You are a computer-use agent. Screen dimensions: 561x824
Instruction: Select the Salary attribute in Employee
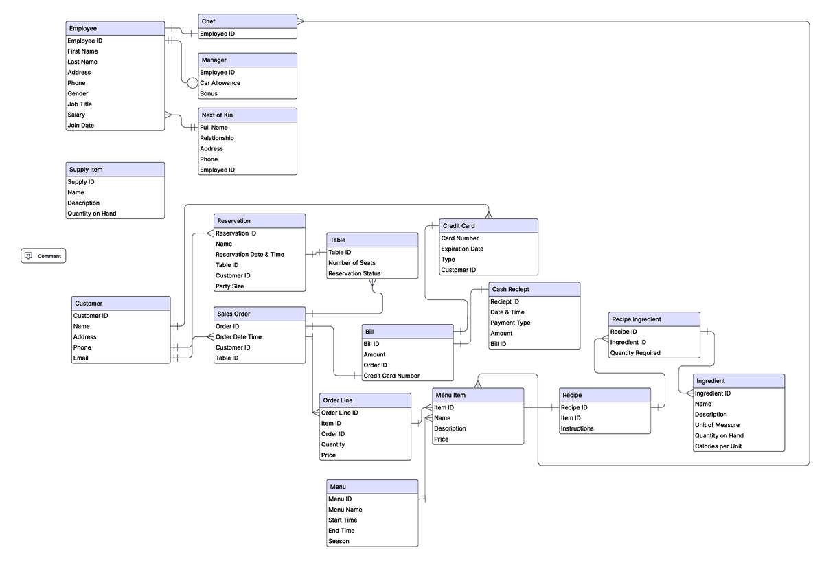76,115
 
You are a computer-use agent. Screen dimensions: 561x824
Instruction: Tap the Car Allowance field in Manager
220,83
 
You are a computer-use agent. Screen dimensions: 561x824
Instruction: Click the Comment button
43,256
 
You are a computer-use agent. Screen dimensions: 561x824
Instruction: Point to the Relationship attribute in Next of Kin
216,138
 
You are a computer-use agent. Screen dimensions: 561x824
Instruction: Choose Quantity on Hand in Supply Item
91,214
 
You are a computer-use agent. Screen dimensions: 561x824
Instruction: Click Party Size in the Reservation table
229,286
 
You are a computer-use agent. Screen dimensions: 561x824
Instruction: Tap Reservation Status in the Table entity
354,273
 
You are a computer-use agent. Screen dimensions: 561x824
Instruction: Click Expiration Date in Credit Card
462,249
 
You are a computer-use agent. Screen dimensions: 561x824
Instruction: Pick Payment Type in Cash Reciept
510,323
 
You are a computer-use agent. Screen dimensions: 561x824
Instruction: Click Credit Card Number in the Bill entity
391,376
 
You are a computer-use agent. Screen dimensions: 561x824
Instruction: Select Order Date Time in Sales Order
238,337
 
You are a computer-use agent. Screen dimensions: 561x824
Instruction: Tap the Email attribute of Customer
82,358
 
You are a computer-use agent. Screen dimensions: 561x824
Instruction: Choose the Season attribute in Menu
339,541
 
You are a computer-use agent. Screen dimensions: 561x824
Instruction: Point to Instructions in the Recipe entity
577,428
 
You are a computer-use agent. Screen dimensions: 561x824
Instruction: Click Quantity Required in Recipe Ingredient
635,353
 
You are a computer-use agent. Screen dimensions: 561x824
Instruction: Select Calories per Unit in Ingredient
718,446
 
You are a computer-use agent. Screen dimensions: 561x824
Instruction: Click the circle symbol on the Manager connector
192,83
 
